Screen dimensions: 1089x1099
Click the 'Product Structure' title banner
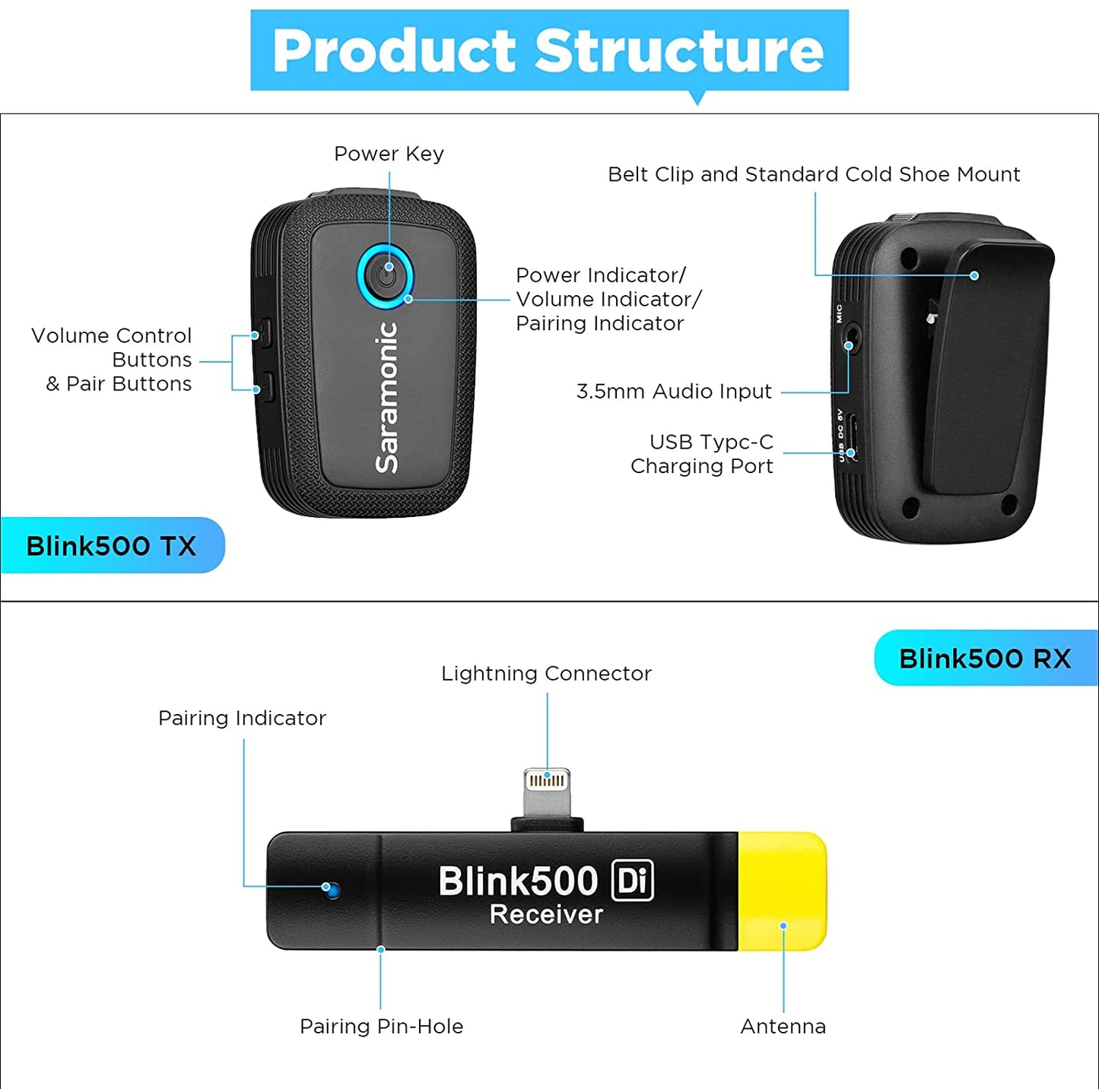point(549,50)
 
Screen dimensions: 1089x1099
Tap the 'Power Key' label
point(389,154)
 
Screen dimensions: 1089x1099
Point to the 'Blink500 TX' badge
point(112,545)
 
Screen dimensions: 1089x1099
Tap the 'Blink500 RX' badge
point(985,658)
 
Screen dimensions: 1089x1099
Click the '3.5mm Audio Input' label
point(674,392)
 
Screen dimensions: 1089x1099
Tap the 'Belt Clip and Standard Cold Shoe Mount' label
point(814,174)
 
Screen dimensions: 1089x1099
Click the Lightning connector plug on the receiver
point(547,792)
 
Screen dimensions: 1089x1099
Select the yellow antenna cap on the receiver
point(783,890)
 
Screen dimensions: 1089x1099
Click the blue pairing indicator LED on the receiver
point(330,887)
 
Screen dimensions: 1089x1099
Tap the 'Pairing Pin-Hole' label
point(381,1027)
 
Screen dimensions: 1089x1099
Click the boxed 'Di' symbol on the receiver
point(632,881)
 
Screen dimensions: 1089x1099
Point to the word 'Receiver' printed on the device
point(546,914)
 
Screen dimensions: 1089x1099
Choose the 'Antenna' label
point(783,1027)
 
